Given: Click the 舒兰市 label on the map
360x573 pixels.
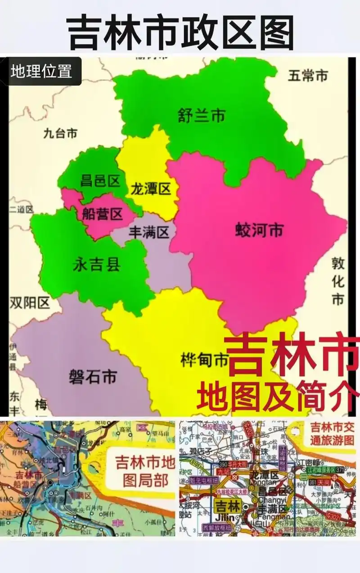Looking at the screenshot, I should click(201, 116).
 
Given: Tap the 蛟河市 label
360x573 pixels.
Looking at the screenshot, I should click(259, 230).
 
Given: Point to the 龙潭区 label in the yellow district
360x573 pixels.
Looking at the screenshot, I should click(151, 189).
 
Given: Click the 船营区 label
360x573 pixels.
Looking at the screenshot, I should click(102, 214).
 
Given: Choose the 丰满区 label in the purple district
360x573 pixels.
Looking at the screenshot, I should click(149, 232).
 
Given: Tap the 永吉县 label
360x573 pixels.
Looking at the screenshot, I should click(96, 265).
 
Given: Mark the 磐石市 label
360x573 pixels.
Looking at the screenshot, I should click(93, 376).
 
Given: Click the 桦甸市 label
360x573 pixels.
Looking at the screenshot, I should click(204, 360).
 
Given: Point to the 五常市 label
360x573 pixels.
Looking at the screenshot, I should click(308, 76).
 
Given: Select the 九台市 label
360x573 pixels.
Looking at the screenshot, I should click(60, 133).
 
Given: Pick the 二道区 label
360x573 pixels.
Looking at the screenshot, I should click(22, 209).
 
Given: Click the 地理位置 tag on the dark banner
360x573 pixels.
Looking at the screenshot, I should click(41, 71).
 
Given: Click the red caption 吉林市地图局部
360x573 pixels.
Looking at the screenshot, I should click(145, 470).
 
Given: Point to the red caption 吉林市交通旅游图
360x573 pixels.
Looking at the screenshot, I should click(333, 434).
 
